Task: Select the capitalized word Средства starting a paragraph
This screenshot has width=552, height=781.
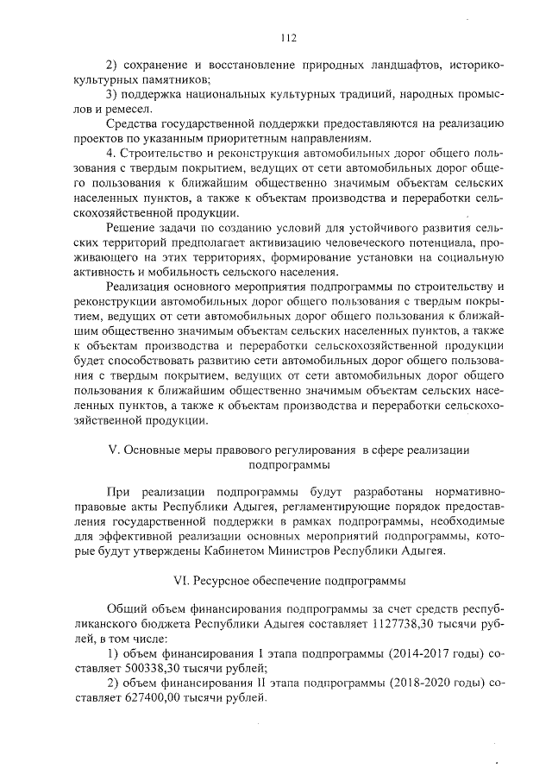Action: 132,124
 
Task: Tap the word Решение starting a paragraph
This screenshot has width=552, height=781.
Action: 130,227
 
